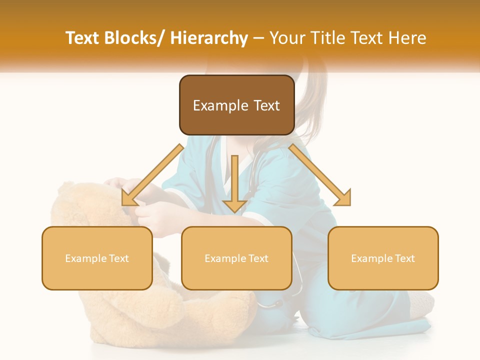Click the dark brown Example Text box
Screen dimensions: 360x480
point(236,105)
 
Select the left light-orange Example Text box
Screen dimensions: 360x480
point(97,258)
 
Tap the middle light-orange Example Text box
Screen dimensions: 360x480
point(236,258)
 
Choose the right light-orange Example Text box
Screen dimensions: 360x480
point(383,258)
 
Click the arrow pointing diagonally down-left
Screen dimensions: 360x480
point(152,175)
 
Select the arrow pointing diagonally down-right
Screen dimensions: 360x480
point(320,175)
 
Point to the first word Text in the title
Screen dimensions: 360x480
point(83,38)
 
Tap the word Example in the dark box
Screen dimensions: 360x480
point(220,105)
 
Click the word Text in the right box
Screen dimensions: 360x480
point(404,258)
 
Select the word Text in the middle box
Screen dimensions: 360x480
point(258,258)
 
